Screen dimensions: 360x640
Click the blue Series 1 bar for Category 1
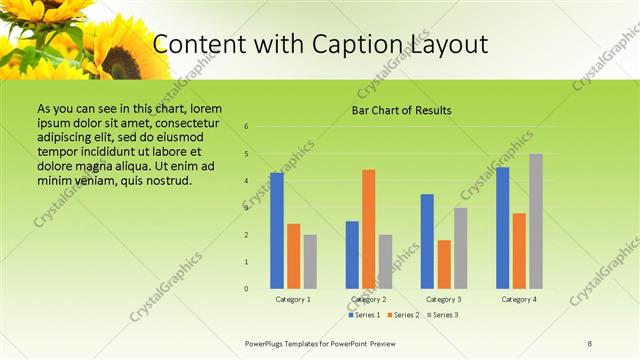pos(277,231)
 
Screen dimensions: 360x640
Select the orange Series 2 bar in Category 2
pos(368,229)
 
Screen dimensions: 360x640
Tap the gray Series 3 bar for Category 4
pos(536,221)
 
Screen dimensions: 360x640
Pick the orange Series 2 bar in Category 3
pos(444,264)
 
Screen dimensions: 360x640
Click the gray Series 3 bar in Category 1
pos(310,262)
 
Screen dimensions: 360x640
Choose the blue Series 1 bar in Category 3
pos(427,241)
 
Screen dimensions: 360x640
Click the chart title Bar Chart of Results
pos(401,110)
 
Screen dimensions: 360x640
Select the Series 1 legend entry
pos(364,315)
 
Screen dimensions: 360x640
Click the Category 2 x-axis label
pos(369,299)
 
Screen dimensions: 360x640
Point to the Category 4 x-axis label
pos(519,299)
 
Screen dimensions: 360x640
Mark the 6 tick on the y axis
pos(246,127)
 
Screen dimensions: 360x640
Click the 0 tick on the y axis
pos(246,289)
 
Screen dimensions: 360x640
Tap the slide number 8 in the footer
pos(590,343)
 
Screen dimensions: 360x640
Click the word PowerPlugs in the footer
pos(269,343)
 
